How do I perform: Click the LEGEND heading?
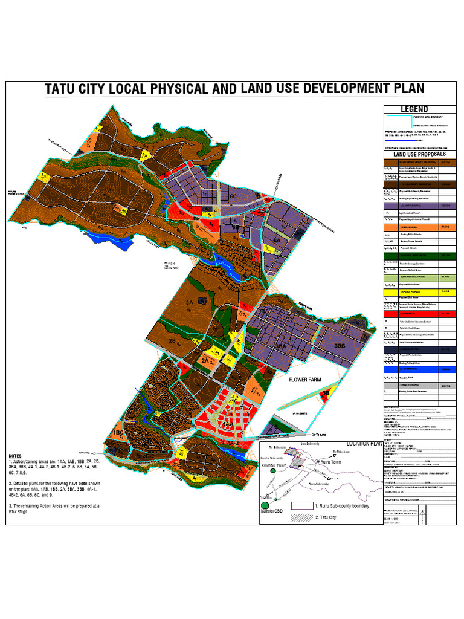414,109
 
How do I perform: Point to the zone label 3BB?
340,346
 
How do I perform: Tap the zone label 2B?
172,341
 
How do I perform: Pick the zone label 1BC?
117,433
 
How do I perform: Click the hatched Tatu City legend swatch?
301,517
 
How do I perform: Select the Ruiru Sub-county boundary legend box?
301,506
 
